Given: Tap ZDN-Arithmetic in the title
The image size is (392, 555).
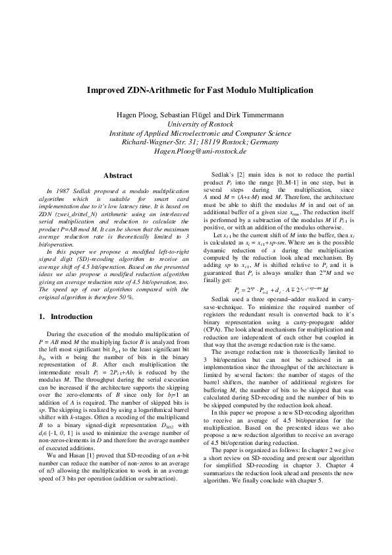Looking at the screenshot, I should tap(158, 90).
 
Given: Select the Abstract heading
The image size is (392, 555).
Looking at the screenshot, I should tap(119, 175).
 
